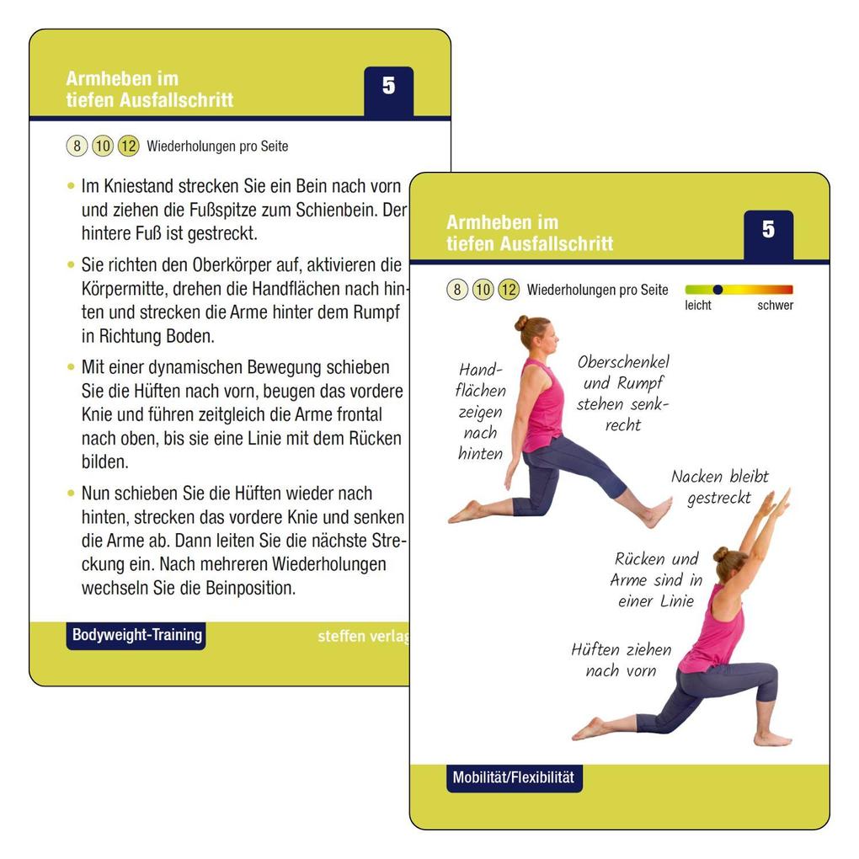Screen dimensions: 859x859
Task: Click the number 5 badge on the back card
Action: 388,88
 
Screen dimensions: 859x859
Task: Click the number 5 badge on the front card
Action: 768,231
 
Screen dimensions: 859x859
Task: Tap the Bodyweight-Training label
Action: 136,635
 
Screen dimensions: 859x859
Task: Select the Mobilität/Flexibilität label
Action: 514,777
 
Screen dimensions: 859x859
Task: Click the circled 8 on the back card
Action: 77,147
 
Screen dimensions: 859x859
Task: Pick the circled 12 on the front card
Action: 509,291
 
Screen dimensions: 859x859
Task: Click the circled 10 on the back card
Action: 103,147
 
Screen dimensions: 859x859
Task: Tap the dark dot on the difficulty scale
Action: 718,289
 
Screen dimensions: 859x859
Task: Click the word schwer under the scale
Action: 775,306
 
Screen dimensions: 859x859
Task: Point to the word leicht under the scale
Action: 697,306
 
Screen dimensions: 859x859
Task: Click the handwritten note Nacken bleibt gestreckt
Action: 719,487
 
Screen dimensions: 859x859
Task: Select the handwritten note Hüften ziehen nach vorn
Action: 621,660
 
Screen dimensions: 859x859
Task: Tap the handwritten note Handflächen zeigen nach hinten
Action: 481,412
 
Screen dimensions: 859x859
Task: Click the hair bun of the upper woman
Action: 521,323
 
